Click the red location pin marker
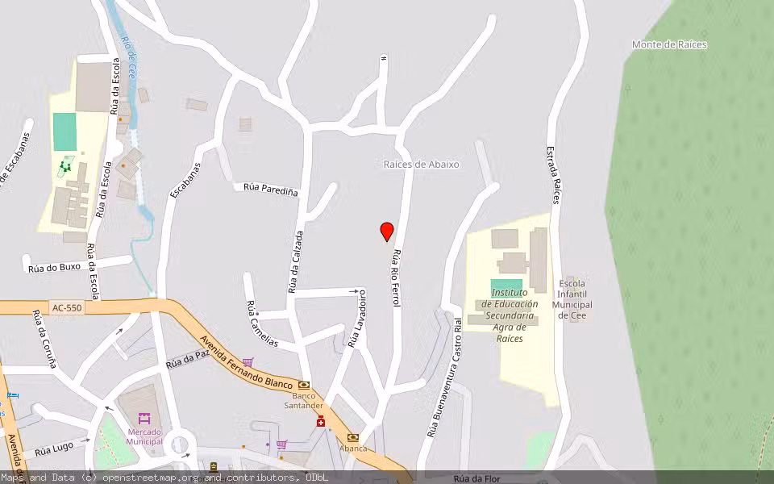tap(387, 232)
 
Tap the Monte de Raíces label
tap(669, 45)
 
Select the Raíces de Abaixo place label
tap(421, 165)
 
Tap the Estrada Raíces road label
tap(553, 174)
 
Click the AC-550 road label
tap(66, 307)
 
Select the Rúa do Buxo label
tap(54, 267)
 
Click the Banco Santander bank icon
tap(304, 386)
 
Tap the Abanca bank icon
tap(352, 437)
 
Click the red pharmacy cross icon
tap(321, 422)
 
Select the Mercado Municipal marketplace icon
tap(144, 419)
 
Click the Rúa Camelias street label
tap(261, 324)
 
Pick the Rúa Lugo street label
tap(55, 449)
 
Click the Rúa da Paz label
tap(187, 360)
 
